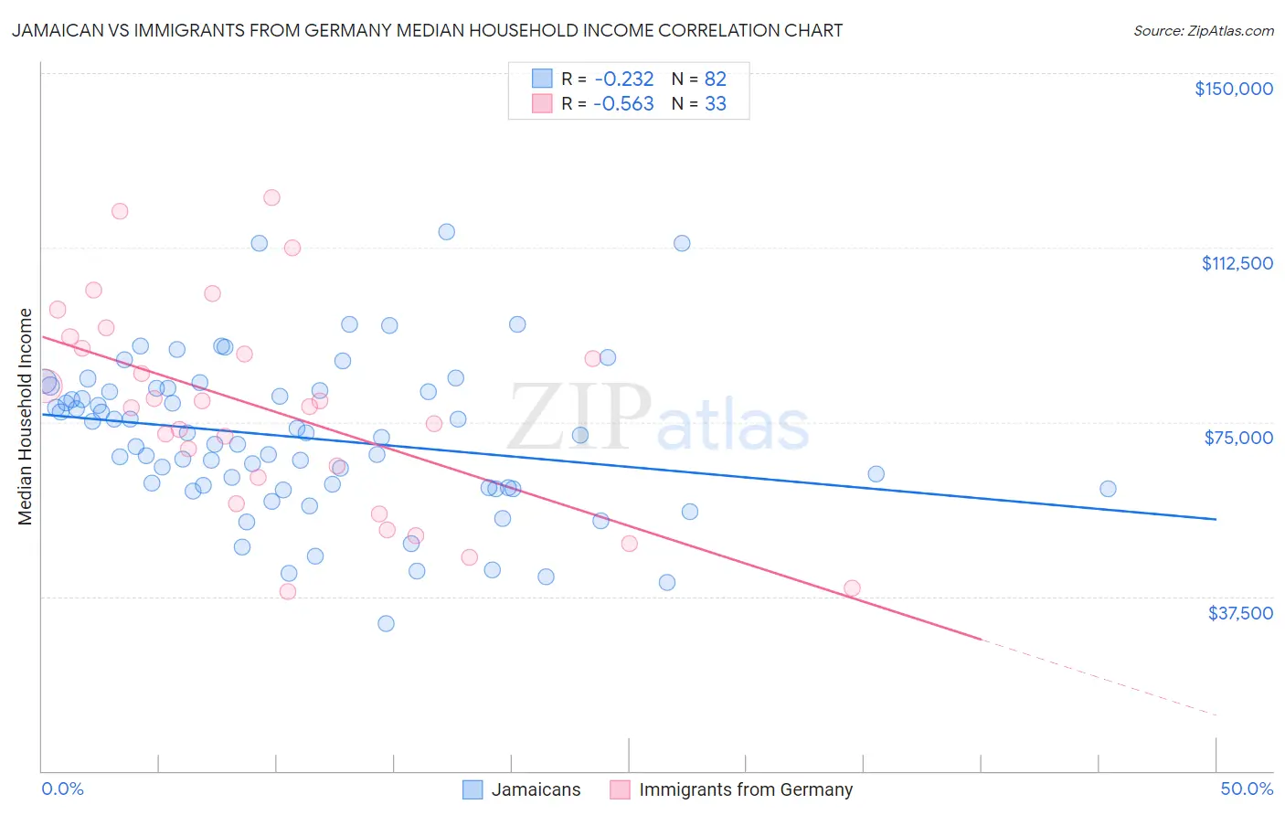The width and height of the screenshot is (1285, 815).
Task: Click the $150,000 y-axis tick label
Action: point(1233,89)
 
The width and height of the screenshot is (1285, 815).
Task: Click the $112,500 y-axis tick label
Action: point(1237,263)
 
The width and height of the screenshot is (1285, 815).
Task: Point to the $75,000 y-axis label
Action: point(1238,438)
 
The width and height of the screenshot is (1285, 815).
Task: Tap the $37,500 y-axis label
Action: point(1240,613)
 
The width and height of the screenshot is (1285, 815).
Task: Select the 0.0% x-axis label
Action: point(62,789)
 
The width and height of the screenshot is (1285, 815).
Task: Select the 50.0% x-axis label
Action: point(1246,789)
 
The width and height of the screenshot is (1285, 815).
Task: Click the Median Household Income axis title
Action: point(25,417)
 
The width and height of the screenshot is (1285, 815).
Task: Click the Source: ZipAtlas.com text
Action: point(1203,31)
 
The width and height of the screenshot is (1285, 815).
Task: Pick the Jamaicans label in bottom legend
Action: point(536,790)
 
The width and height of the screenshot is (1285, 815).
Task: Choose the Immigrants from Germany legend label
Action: point(745,790)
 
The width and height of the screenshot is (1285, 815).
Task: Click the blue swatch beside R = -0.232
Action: point(542,79)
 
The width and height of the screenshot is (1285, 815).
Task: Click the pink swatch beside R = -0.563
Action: point(542,103)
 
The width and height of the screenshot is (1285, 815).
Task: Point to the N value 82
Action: point(715,79)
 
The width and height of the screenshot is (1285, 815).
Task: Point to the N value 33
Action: point(715,103)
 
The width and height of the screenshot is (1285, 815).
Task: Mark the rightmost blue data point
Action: point(1108,489)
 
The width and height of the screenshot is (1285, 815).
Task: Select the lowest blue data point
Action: point(386,623)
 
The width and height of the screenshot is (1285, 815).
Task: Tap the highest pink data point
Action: point(271,197)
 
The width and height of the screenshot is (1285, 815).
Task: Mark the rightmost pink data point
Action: point(852,588)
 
